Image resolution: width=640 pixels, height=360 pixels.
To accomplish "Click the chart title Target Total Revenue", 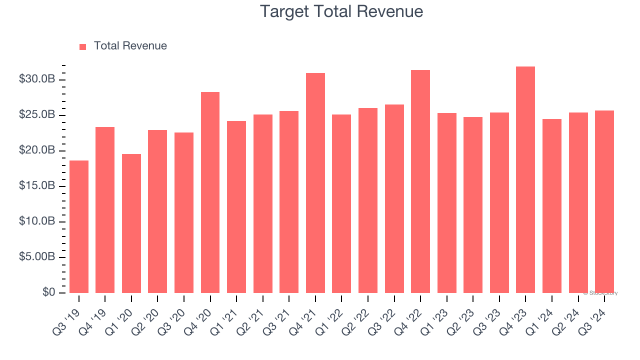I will click(x=341, y=11).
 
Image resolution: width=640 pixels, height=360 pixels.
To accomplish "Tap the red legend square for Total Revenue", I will click(x=83, y=46).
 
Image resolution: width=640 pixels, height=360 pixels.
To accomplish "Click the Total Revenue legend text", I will click(x=130, y=46).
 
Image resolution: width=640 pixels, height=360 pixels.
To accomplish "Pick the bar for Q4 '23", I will click(x=525, y=179).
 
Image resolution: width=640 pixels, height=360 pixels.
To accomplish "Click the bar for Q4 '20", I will click(x=210, y=192).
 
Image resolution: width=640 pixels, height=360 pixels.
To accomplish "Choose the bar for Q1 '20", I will click(x=131, y=223).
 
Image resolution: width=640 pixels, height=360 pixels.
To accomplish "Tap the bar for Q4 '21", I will click(x=315, y=183).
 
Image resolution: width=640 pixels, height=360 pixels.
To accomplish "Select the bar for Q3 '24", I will click(x=604, y=201).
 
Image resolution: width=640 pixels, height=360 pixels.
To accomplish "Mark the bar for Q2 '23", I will click(x=473, y=205).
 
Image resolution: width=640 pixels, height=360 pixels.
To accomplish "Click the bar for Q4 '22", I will click(x=420, y=181).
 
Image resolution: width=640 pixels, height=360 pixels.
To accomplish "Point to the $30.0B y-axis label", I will click(x=37, y=80).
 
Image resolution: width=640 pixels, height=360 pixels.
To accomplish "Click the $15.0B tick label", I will click(x=37, y=186).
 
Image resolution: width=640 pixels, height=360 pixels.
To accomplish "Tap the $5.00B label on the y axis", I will click(x=37, y=257).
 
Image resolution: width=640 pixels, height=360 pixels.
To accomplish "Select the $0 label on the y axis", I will click(x=49, y=292).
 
